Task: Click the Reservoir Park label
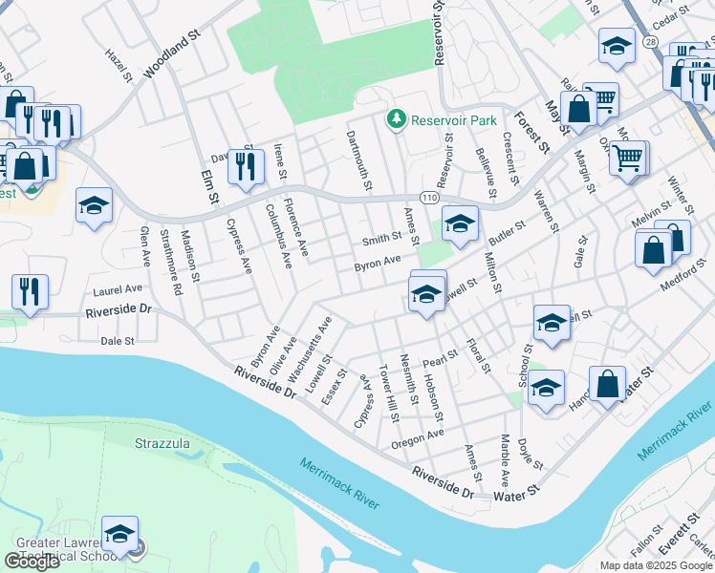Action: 441,120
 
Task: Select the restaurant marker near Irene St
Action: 246,168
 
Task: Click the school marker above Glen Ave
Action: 95,206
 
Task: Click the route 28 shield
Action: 650,70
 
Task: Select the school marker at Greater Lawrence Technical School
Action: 121,535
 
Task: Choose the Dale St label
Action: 117,340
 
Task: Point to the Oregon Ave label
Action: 418,439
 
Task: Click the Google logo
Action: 32,562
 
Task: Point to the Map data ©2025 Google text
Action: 657,565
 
